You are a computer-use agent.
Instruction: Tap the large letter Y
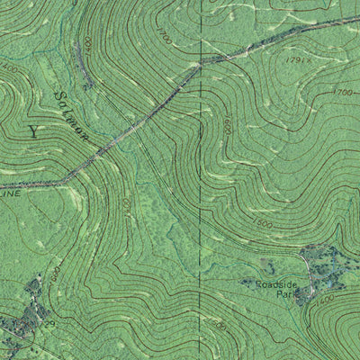coord(34,131)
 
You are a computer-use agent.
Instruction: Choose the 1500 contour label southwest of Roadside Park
coord(216,324)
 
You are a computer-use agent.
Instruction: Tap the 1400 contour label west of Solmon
coord(10,67)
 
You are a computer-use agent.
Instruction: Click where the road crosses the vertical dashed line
coord(200,63)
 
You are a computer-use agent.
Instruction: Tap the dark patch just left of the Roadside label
coord(248,283)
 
